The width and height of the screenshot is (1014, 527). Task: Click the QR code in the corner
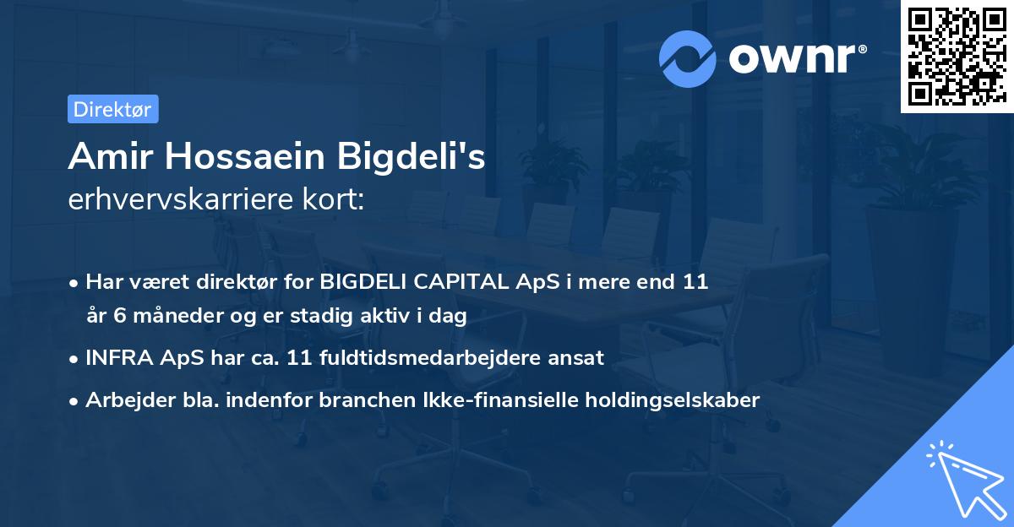pyautogui.click(x=956, y=57)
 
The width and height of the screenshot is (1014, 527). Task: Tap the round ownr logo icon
pyautogui.click(x=687, y=57)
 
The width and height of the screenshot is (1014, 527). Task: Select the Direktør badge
pyautogui.click(x=112, y=109)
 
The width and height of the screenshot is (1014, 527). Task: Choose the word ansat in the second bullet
pyautogui.click(x=578, y=357)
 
